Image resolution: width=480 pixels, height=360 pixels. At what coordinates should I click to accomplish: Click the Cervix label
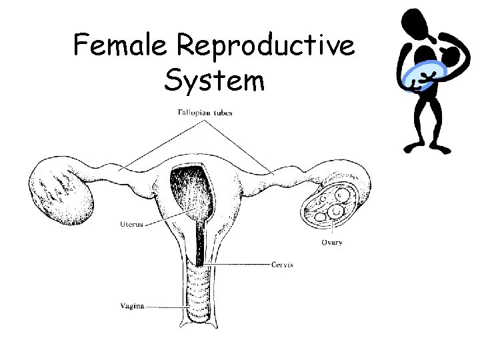(x=282, y=264)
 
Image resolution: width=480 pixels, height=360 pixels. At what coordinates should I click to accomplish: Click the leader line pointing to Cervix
(x=240, y=265)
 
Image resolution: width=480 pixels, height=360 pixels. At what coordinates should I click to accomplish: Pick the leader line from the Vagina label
(x=166, y=307)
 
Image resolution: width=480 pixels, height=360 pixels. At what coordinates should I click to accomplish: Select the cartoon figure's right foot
(x=411, y=147)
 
